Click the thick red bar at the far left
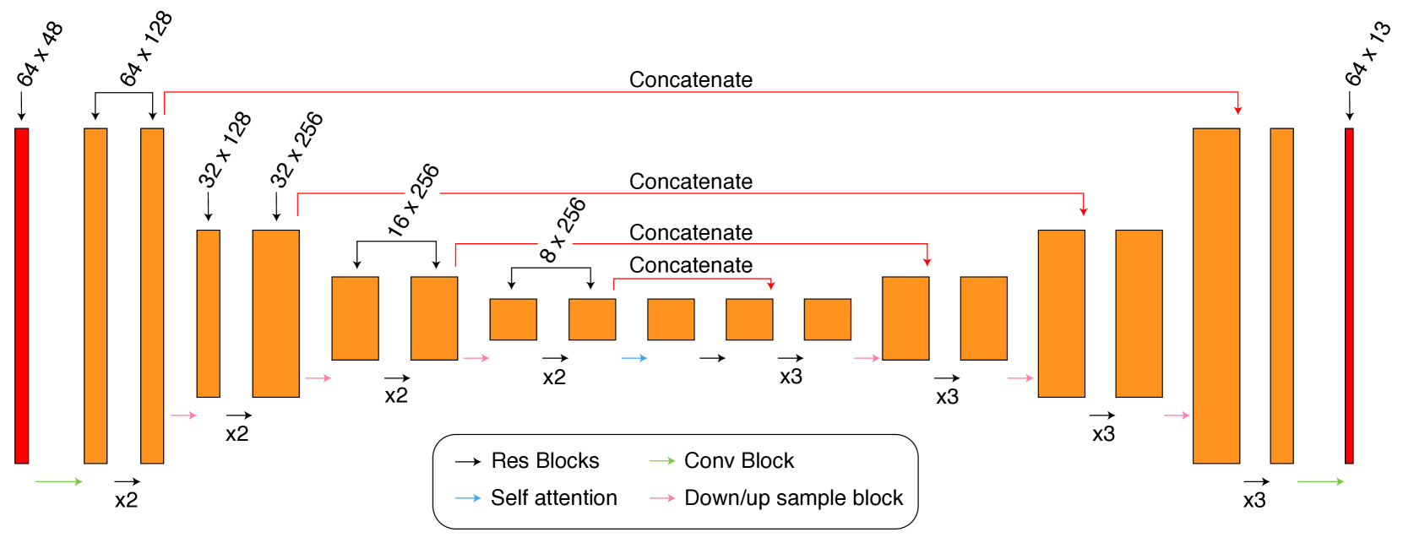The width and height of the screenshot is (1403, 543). (x=22, y=296)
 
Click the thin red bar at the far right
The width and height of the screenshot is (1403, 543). (x=1349, y=296)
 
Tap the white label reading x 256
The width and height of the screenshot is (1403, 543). (x=423, y=192)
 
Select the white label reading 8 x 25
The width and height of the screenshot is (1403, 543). (x=563, y=234)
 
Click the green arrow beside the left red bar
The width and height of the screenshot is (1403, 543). (x=59, y=481)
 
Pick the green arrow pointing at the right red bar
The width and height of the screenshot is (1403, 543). (x=1320, y=481)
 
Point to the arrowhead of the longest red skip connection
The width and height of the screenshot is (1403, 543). (x=1237, y=110)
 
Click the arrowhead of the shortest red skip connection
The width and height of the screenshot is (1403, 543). (x=770, y=285)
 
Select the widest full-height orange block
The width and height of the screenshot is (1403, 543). (x=1216, y=296)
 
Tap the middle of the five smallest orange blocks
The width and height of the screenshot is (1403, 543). (x=671, y=319)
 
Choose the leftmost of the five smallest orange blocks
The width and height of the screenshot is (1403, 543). (x=514, y=319)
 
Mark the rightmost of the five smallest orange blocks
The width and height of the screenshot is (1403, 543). (x=828, y=319)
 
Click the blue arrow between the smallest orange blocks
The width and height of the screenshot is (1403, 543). (x=634, y=358)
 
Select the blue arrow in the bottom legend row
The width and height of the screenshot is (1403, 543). (x=468, y=498)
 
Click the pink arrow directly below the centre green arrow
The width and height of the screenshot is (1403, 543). (x=662, y=498)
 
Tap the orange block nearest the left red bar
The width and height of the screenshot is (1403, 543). (x=95, y=296)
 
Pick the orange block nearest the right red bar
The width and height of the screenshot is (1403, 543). (x=1281, y=296)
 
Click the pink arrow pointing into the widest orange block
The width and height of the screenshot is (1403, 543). (x=1177, y=415)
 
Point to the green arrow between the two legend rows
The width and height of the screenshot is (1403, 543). (x=662, y=461)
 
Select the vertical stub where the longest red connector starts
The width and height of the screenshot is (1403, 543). (x=165, y=103)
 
